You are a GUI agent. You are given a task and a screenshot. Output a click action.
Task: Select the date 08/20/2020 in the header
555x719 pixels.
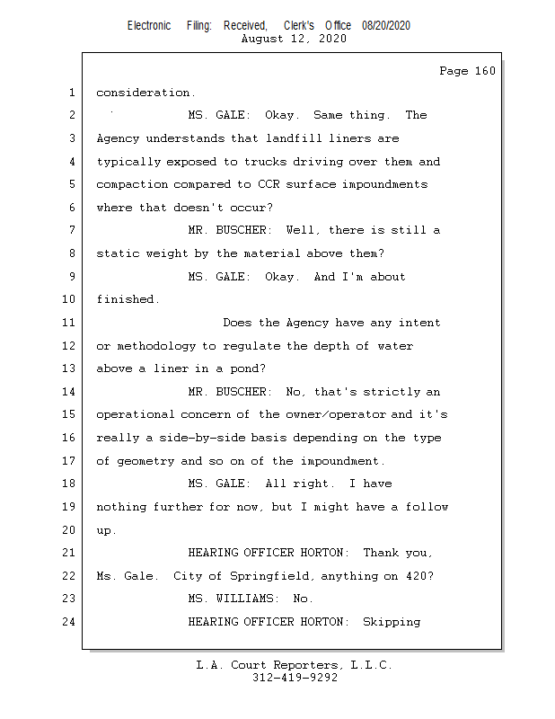click(386, 26)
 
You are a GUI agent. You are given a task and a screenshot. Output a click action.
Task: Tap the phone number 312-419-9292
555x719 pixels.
click(295, 678)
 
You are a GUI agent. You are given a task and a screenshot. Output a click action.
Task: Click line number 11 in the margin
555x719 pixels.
click(69, 323)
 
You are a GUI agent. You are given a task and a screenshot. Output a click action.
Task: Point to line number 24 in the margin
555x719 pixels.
click(69, 622)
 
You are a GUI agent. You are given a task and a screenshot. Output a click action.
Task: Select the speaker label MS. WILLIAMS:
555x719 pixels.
click(236, 599)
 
